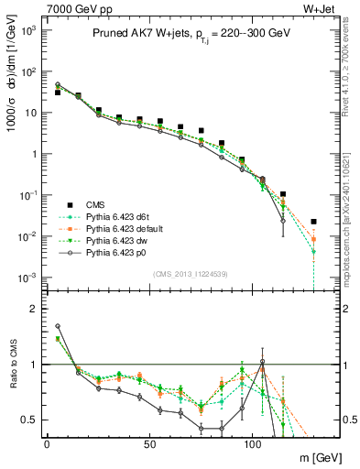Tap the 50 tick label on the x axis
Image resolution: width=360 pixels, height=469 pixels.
pyautogui.click(x=149, y=442)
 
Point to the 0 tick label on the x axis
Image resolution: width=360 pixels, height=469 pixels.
pyautogui.click(x=47, y=442)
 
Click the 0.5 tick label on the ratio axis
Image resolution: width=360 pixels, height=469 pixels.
pyautogui.click(x=26, y=420)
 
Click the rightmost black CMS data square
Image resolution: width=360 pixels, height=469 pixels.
pyautogui.click(x=313, y=222)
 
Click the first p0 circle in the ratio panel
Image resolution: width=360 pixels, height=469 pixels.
pyautogui.click(x=58, y=325)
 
